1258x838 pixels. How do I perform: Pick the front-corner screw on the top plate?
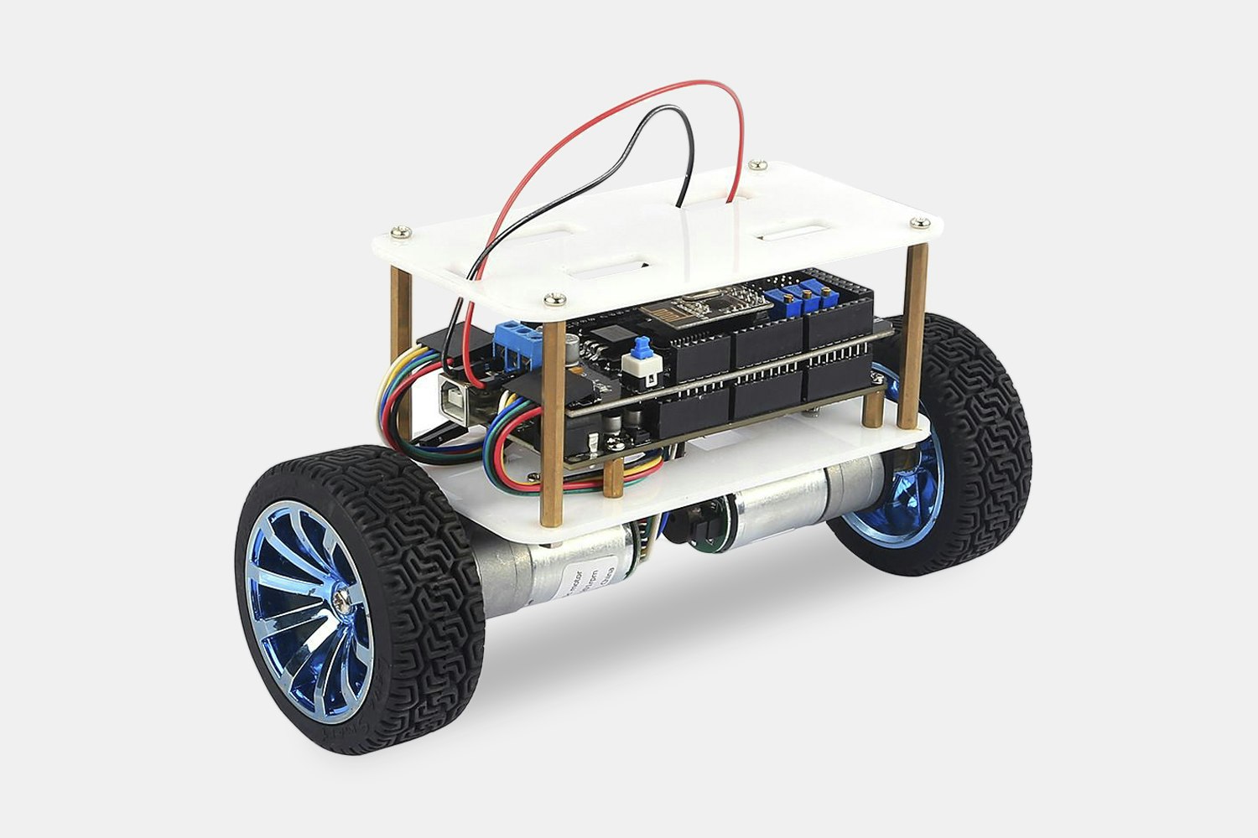click(553, 298)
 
